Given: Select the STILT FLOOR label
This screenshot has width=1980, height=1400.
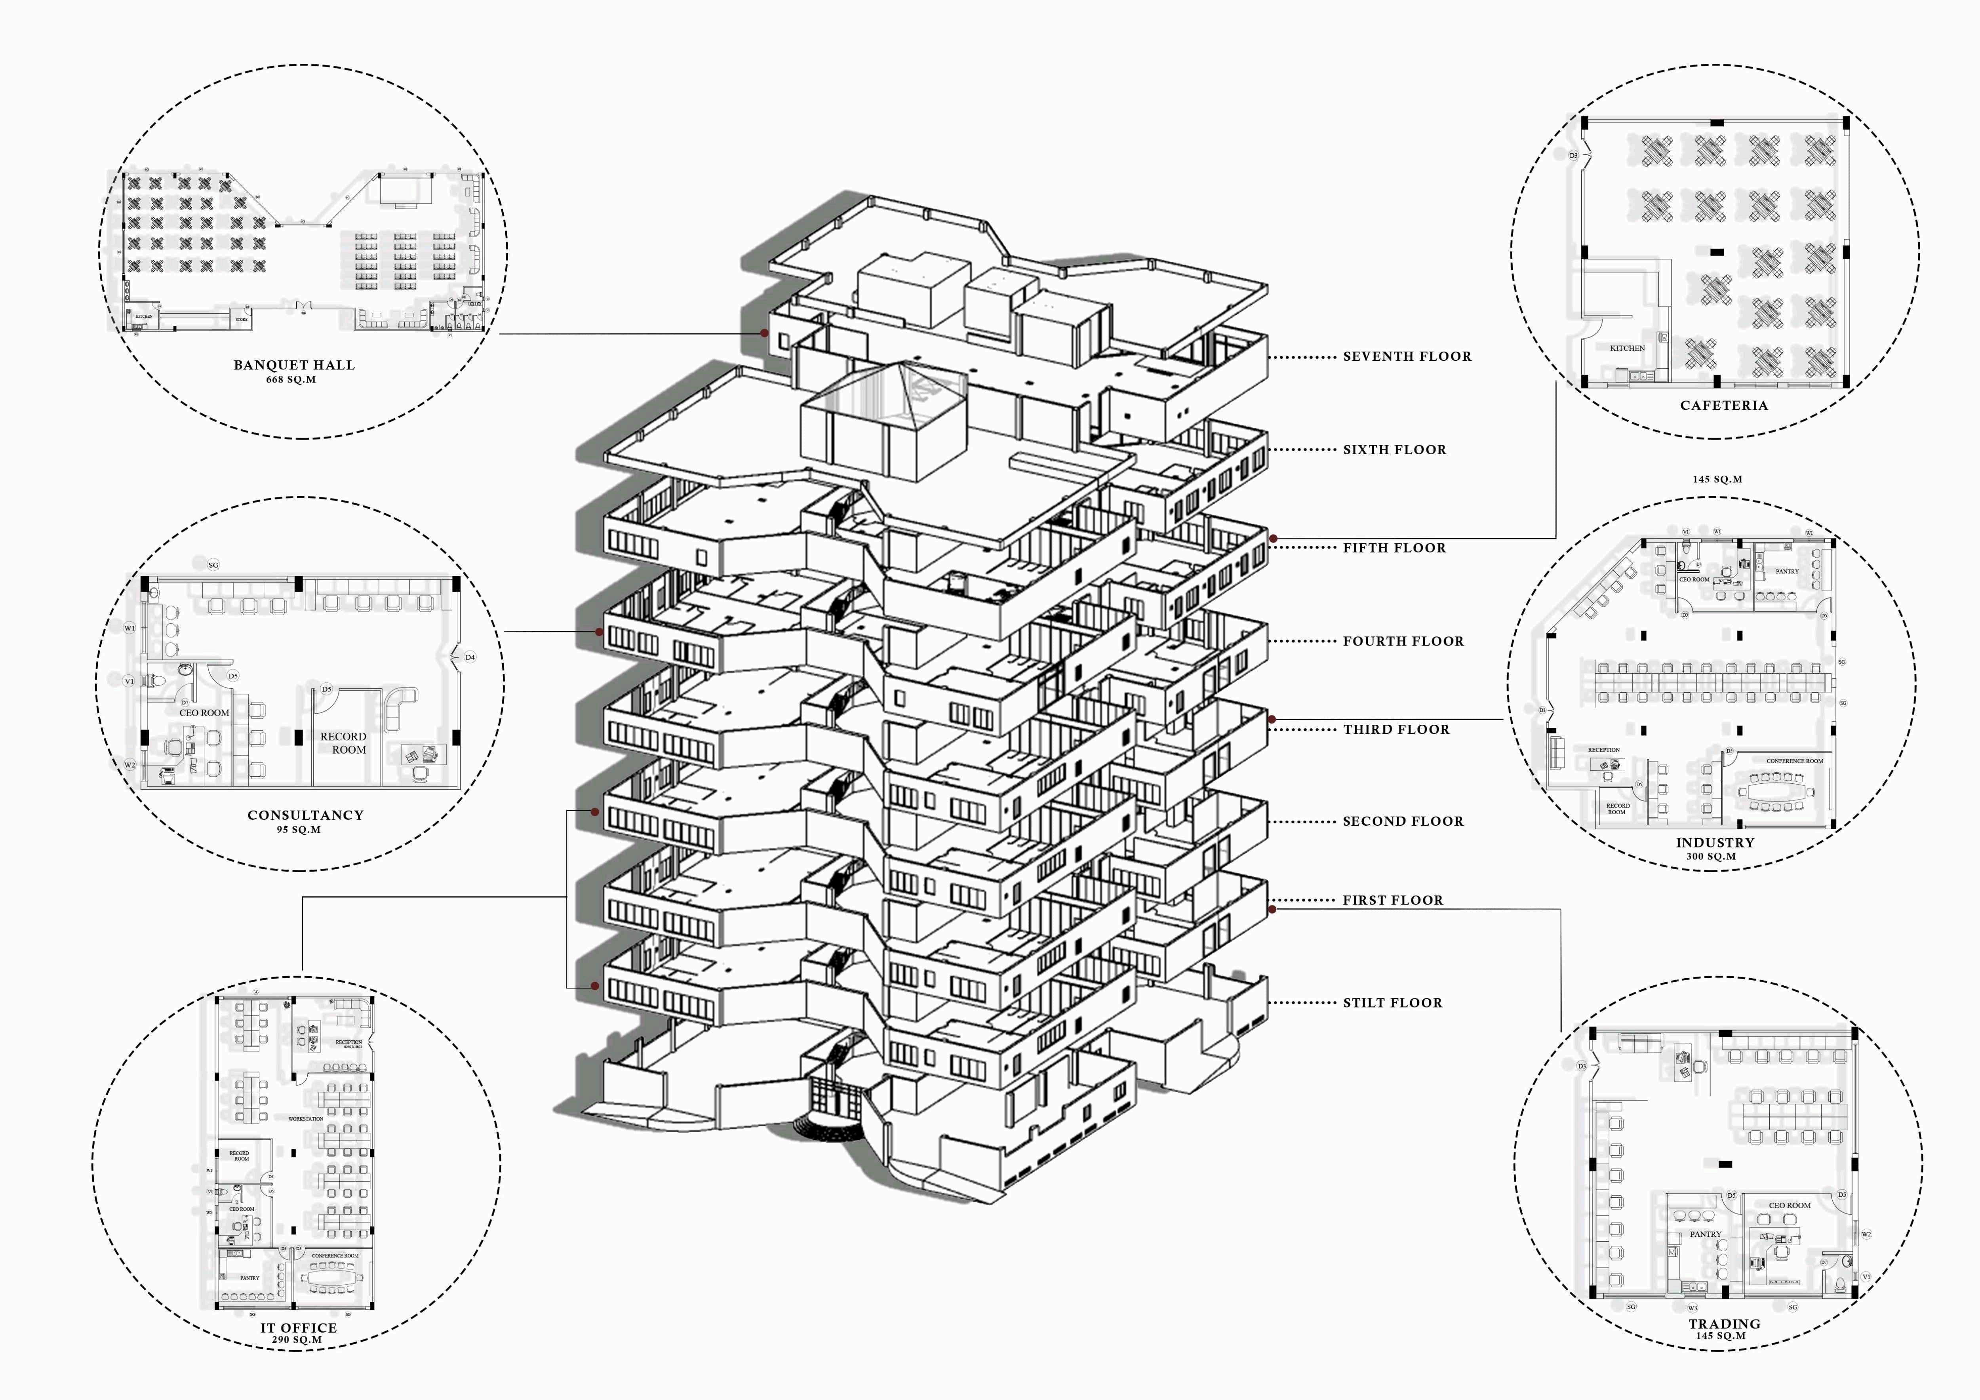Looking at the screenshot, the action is coord(1392,1002).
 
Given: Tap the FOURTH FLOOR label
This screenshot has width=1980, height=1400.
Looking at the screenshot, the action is coord(1403,641).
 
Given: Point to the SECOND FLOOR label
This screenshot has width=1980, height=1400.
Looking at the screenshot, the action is coord(1403,821).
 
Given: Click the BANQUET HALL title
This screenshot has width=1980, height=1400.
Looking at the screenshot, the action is coord(294,365).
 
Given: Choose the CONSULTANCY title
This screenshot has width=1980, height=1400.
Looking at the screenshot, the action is coord(305,815).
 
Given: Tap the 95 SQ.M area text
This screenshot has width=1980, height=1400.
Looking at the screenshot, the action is coord(298,830).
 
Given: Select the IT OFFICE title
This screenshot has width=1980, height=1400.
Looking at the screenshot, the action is coord(298,1328).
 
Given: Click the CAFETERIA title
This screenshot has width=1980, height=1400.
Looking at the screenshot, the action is coord(1724,406).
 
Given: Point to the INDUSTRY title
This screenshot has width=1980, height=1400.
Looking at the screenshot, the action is coord(1715,843).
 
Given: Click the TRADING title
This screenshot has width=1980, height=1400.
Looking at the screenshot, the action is coord(1725,1323).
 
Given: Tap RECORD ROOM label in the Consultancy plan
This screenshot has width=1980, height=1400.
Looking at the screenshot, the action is coord(343,743).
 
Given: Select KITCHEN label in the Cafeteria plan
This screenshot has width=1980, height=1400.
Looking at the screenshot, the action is coord(1627,349).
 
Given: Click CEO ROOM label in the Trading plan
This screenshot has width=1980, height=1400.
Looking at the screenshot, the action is coord(1790,1205).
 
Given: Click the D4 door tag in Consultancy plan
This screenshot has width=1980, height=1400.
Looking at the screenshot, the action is coord(470,657).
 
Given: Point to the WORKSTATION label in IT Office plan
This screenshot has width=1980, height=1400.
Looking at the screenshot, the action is coord(305,1119).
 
